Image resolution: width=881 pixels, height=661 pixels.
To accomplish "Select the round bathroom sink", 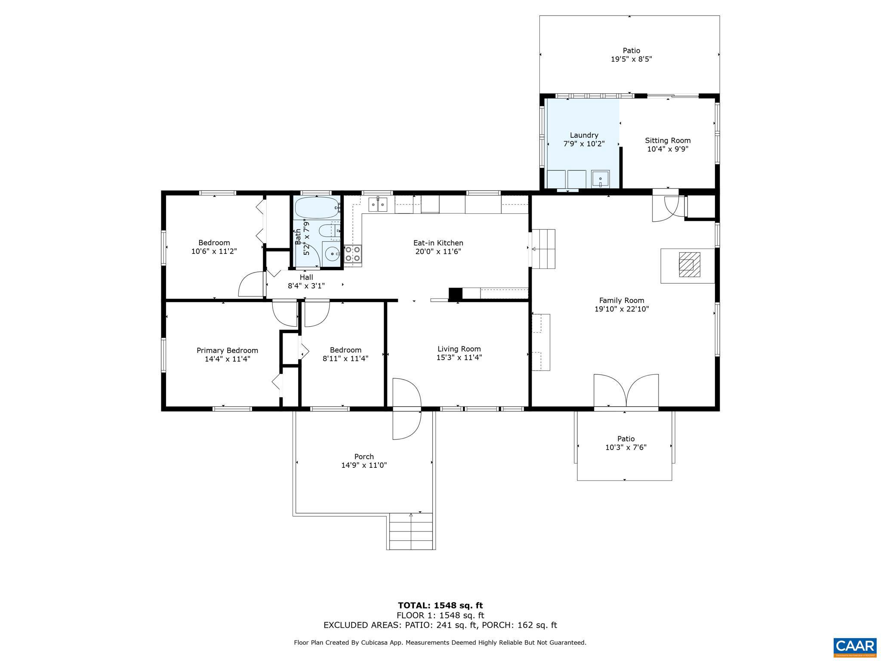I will [x=331, y=254].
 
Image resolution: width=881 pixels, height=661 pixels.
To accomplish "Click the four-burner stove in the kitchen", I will [x=352, y=254].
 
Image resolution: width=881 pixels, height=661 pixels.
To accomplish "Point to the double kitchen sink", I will [x=378, y=204].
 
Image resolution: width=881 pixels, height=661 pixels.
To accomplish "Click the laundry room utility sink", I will [x=600, y=178].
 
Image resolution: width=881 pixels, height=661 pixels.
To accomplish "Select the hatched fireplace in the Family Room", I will [x=689, y=265].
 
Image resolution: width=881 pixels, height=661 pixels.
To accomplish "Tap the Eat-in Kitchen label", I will [x=438, y=243].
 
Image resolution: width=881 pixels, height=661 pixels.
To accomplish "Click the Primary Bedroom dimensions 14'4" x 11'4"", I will [x=227, y=359].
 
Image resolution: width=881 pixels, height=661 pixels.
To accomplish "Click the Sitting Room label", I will [x=668, y=140].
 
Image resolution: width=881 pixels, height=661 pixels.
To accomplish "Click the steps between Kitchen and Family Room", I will [x=543, y=249].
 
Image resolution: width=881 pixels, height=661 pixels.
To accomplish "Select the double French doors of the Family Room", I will [x=626, y=390].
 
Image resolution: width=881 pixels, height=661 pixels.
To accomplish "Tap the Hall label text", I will [x=306, y=277].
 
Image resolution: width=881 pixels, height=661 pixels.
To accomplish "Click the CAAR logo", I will [x=854, y=646].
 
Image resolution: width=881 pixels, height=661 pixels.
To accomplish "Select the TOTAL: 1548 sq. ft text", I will [x=440, y=605].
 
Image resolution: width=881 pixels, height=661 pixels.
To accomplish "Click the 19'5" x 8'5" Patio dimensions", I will [x=631, y=59].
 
